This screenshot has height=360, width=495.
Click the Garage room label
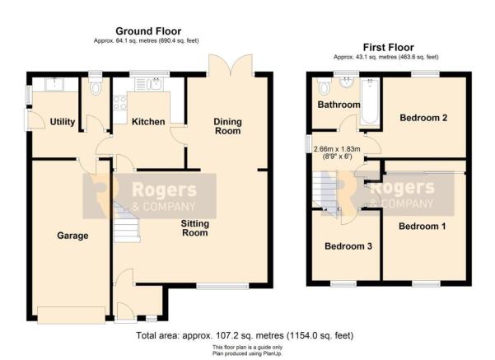coord(72,236)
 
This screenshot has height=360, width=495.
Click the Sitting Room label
coord(195,227)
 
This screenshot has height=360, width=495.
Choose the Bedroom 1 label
coord(423,225)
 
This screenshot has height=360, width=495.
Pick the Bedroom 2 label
coord(423,118)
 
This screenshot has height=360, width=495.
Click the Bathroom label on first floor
coord(339,105)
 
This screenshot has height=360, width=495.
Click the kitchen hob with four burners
coord(118,103)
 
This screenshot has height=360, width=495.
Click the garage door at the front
coord(71,314)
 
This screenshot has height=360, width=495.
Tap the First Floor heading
coord(388,47)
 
